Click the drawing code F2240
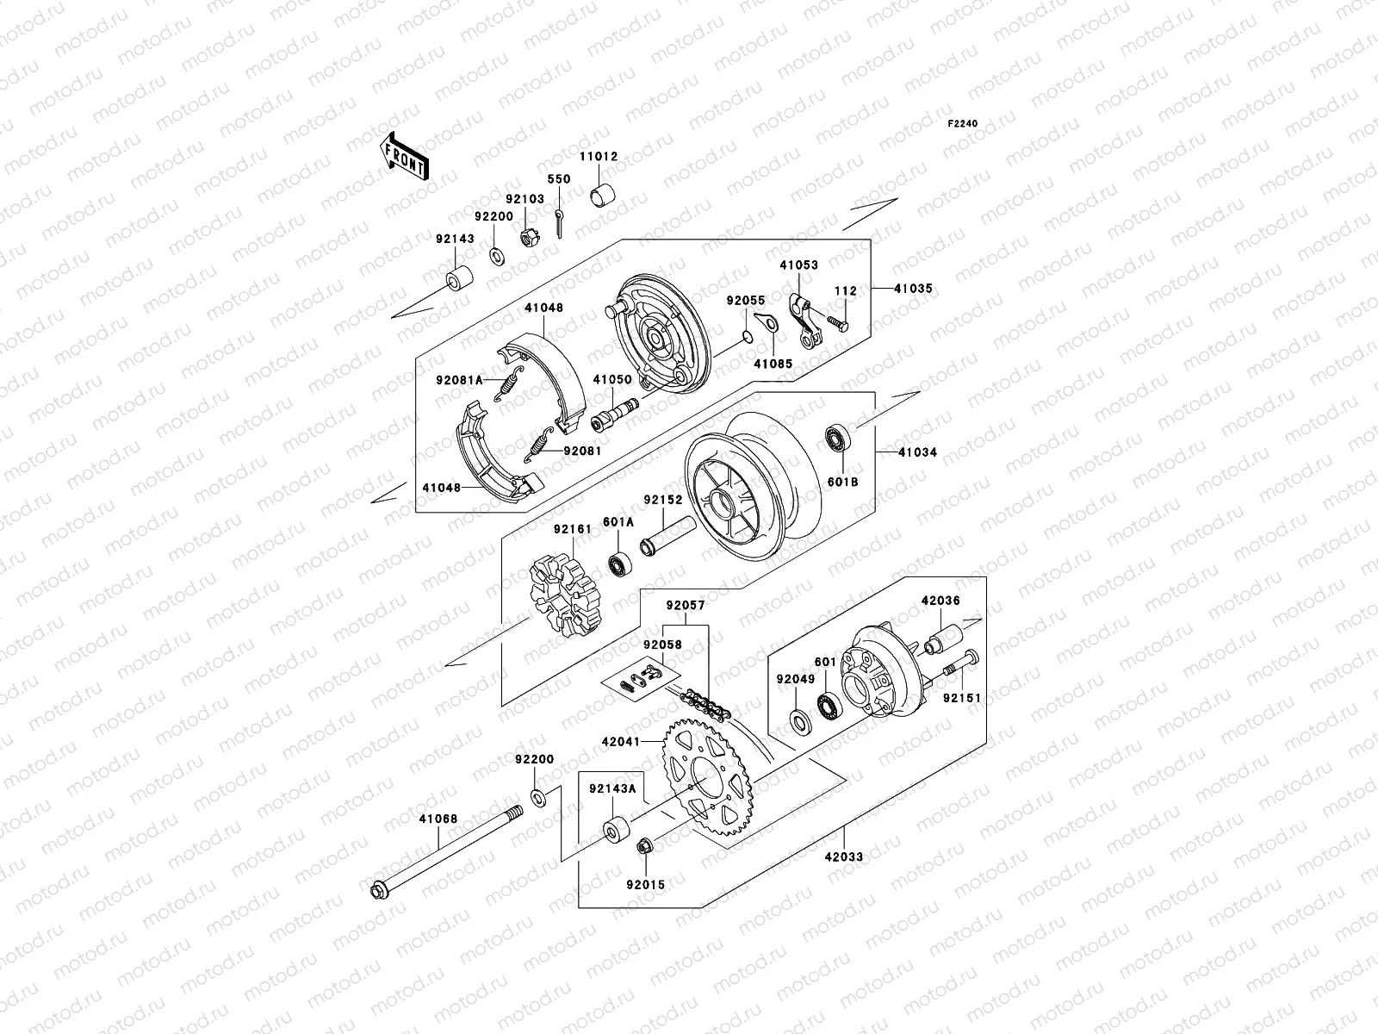pyautogui.click(x=963, y=124)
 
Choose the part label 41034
pyautogui.click(x=917, y=452)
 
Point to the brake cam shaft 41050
pyautogui.click(x=614, y=414)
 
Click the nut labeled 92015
pyautogui.click(x=645, y=849)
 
